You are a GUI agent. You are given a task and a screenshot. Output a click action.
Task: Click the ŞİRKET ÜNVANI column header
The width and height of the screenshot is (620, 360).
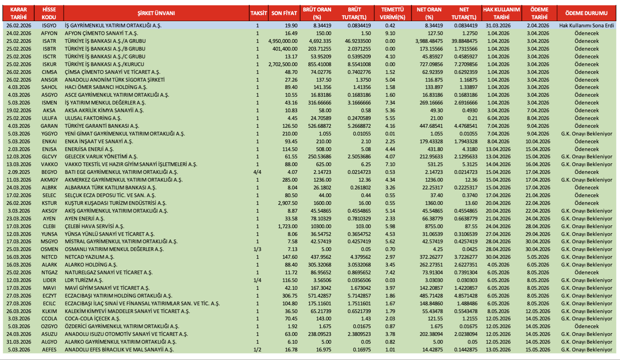(156, 13)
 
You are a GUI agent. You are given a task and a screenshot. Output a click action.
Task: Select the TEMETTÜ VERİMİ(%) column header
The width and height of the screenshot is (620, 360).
(392, 13)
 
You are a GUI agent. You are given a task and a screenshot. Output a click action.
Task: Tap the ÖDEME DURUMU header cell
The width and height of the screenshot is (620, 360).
(586, 13)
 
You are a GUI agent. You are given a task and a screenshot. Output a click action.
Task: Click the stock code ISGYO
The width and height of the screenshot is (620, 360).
(49, 25)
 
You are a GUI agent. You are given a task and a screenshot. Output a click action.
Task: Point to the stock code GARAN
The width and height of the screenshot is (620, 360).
(49, 126)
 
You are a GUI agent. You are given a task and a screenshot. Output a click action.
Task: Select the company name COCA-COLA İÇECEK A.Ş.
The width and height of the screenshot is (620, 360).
(93, 319)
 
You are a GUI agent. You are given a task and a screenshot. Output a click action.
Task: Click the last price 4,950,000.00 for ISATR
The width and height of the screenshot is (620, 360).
(283, 41)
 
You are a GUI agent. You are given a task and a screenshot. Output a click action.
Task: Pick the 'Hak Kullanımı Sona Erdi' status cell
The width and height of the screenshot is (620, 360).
(586, 25)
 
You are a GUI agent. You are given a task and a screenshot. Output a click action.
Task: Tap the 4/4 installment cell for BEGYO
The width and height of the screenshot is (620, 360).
(257, 172)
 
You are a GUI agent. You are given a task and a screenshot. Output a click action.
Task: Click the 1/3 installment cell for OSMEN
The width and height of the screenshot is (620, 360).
(257, 249)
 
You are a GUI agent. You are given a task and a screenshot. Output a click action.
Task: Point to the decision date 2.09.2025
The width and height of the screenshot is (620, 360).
(19, 172)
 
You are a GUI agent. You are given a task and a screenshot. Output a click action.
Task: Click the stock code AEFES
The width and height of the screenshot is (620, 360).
(49, 350)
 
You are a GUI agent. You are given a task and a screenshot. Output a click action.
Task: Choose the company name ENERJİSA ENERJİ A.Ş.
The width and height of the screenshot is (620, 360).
(89, 149)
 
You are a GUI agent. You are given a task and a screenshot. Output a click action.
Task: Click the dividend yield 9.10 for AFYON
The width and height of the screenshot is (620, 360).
(390, 33)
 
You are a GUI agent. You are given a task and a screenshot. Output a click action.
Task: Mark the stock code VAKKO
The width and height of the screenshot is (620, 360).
(49, 164)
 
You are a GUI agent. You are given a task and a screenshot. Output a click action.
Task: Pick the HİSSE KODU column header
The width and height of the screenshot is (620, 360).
(49, 13)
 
